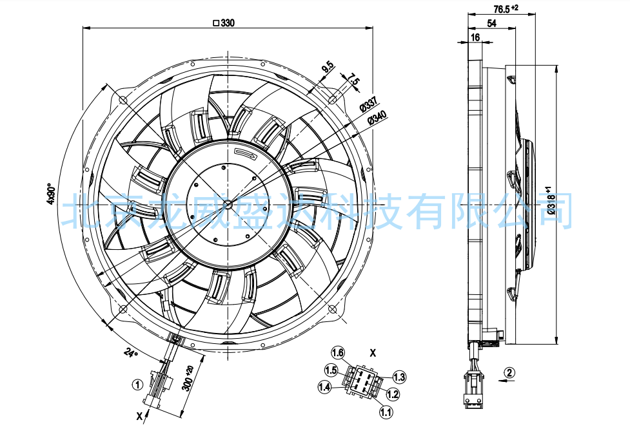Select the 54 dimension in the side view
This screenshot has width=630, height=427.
(491, 23)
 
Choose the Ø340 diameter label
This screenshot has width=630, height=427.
(376, 118)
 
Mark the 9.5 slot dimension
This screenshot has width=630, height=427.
(328, 67)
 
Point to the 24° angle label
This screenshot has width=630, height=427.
(131, 353)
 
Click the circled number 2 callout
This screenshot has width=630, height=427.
(509, 372)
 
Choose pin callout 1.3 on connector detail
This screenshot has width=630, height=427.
(399, 377)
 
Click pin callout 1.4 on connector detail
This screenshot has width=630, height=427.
(324, 386)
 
